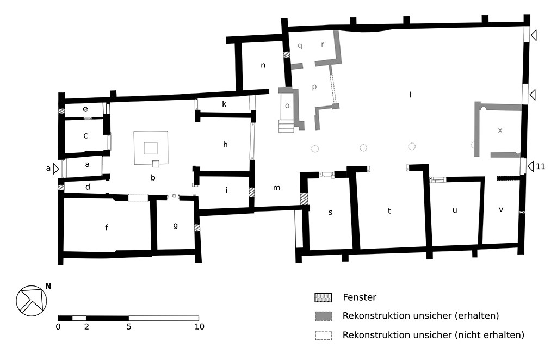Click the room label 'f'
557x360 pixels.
point(106,227)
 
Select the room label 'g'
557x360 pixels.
point(175,225)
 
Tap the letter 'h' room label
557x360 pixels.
point(225,144)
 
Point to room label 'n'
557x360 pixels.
point(263,65)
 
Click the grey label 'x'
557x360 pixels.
point(500,130)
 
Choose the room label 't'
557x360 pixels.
point(389,211)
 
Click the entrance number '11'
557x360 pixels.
point(540,166)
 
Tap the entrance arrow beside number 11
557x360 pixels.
point(530,166)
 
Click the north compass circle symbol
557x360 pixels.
point(32,300)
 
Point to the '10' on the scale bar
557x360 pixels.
point(199,327)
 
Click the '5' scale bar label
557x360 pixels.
point(129,327)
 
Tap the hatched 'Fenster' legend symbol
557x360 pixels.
point(323,297)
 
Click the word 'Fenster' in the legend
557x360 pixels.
point(360,297)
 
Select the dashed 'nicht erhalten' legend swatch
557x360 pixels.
point(323,335)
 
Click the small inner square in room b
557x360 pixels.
point(151,147)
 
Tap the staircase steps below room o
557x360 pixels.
point(286,126)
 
